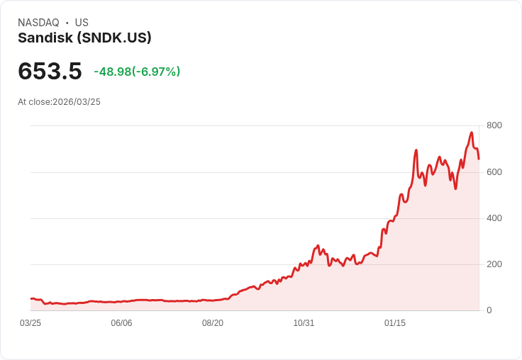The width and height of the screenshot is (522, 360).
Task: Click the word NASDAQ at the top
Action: tap(38, 23)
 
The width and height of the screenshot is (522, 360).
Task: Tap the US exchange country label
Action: tap(82, 23)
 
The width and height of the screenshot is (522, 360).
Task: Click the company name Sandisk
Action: tap(45, 38)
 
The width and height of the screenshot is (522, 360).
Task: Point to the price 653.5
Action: tap(50, 71)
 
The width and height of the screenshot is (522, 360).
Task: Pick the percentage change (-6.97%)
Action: tap(157, 72)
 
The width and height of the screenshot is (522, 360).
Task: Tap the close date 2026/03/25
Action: tap(77, 102)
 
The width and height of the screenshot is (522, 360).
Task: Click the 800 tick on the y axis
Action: tap(494, 125)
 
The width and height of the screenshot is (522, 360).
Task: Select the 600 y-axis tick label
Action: tap(494, 171)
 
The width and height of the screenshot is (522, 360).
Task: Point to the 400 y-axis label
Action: tap(494, 218)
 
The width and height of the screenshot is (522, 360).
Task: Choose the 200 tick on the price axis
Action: tap(494, 264)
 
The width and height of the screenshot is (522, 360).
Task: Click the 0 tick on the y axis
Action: tap(489, 310)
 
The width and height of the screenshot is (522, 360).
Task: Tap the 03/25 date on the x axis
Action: tap(30, 323)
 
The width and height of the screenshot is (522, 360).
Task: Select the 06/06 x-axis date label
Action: tap(121, 323)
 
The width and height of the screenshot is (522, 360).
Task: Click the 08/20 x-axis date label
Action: tap(213, 323)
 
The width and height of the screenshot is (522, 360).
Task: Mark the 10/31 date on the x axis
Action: tap(304, 323)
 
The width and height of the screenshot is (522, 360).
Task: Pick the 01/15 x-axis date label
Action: tap(395, 323)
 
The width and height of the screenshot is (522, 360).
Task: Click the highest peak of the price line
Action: tap(471, 133)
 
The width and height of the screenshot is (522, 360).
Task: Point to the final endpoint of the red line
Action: tap(479, 159)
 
